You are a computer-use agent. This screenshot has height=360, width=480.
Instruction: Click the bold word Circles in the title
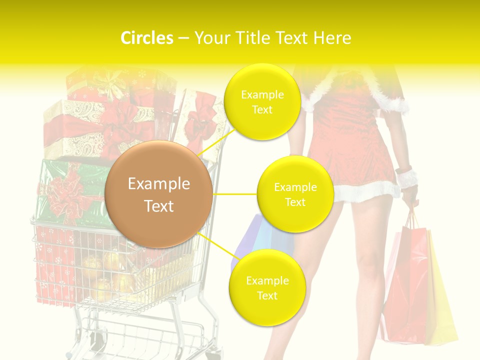coord(147,38)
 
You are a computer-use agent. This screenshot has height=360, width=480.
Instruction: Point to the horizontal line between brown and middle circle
coord(235,194)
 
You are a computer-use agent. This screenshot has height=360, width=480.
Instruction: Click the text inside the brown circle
coord(158,194)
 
